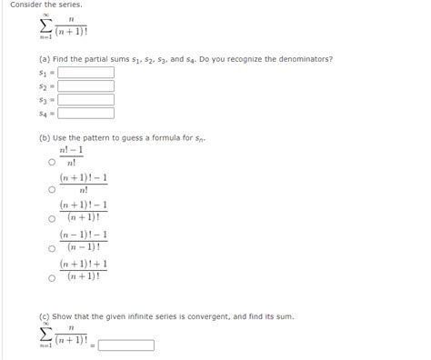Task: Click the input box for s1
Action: [85, 72]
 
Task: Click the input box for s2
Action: [85, 85]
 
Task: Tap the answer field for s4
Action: [85, 114]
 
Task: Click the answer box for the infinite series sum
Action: [126, 345]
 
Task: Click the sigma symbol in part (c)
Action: [45, 338]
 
